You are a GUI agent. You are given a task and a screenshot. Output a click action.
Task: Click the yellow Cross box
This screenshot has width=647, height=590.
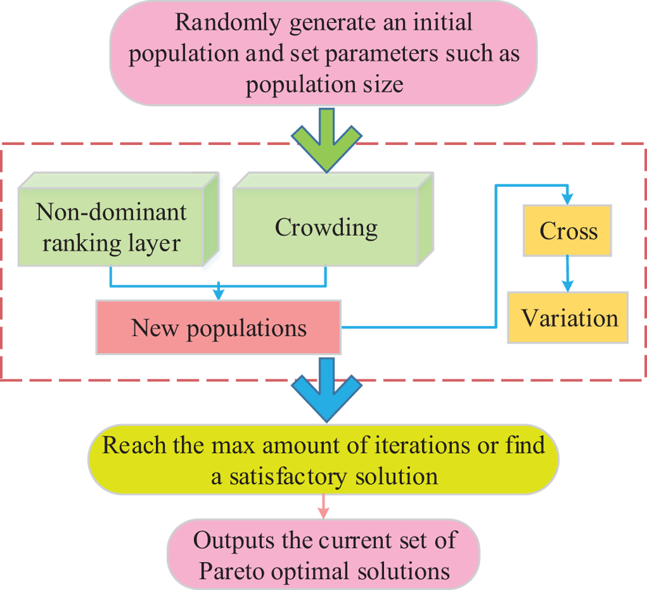567,231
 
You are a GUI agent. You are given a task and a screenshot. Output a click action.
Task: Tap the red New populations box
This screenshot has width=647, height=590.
218,328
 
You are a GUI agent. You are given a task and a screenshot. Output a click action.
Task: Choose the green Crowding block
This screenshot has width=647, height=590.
326,227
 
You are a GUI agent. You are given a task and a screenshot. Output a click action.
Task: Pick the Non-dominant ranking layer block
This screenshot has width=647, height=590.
111,227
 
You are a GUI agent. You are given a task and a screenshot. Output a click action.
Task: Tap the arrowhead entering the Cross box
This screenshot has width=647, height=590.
567,199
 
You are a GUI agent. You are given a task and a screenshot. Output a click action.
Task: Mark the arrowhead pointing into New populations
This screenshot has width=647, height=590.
218,294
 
